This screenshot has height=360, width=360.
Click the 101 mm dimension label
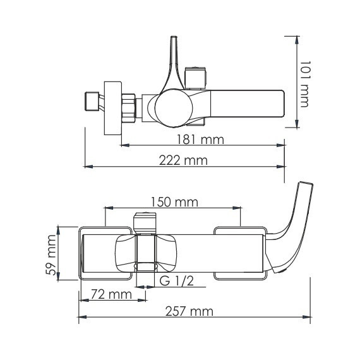(304, 83)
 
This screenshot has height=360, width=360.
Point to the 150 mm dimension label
(174, 202)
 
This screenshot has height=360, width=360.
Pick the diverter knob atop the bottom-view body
(145, 222)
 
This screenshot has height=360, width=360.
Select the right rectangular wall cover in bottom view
(240, 253)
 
